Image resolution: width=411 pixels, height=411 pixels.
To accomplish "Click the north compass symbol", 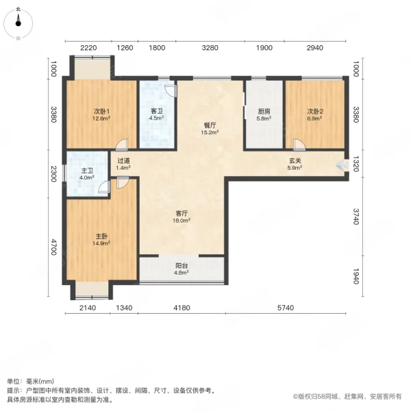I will (x=18, y=23).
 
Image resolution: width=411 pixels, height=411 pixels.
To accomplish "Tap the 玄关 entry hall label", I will (x=295, y=163).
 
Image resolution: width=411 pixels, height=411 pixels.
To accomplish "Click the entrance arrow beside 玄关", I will (x=340, y=164).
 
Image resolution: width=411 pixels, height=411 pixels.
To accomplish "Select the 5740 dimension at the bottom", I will (x=286, y=308).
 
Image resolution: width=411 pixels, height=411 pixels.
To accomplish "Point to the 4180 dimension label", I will (x=182, y=308).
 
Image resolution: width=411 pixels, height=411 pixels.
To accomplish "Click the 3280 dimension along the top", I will (x=211, y=48).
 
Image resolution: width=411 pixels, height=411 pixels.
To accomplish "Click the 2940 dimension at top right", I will (x=314, y=48).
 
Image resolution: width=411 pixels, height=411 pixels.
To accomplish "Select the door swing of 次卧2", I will (x=299, y=145).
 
